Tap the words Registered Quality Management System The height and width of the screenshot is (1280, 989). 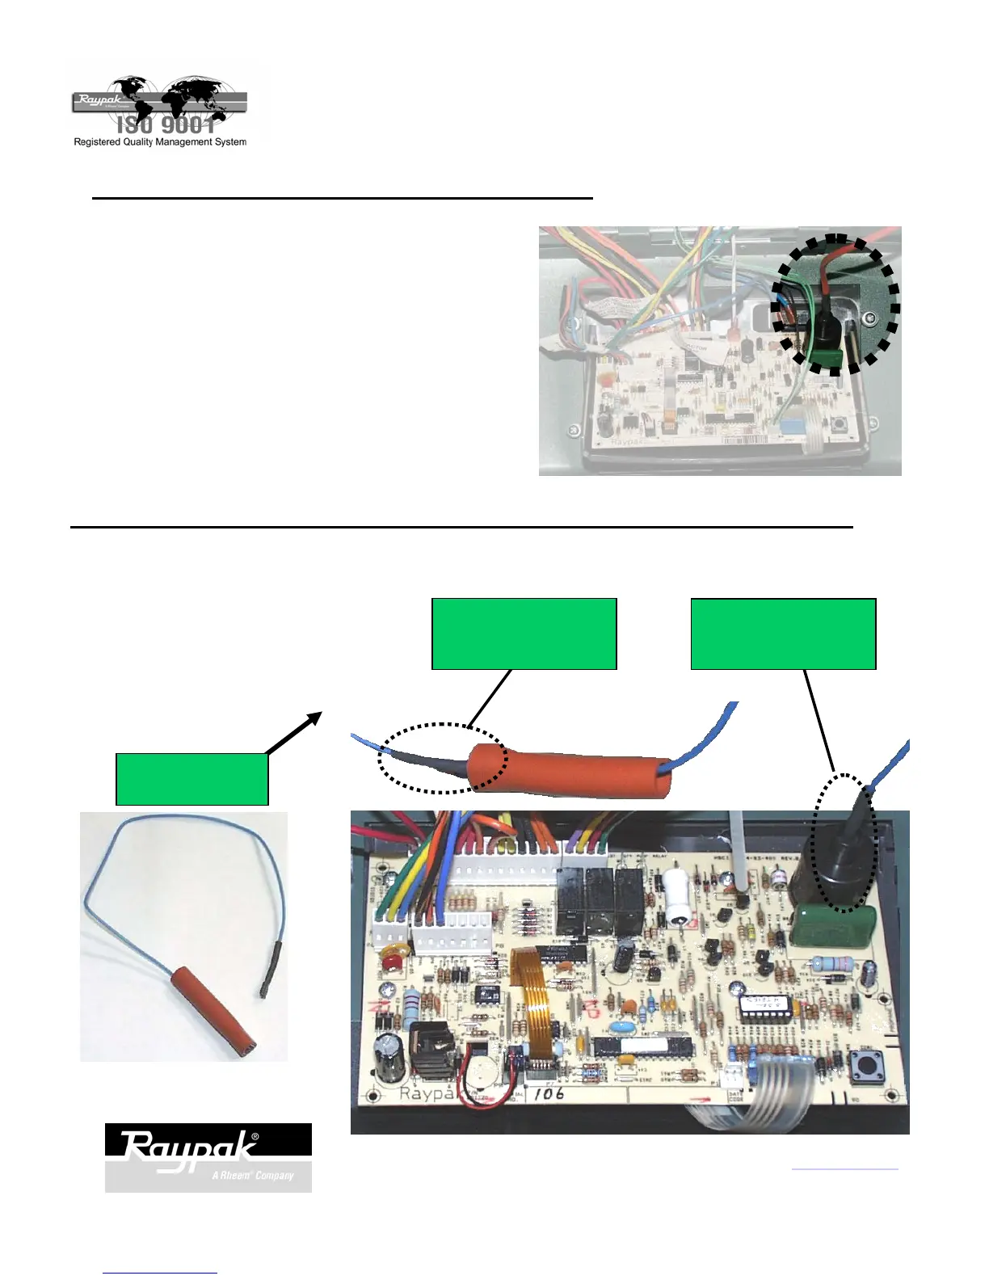160,142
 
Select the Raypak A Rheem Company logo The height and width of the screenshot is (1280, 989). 208,1157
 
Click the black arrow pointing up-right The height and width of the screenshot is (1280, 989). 295,733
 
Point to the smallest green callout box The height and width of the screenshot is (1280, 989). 191,779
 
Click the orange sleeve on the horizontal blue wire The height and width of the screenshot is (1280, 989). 570,773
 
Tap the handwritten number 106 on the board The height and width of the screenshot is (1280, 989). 549,1093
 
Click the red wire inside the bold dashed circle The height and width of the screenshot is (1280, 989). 828,275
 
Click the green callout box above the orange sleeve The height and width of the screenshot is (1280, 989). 524,634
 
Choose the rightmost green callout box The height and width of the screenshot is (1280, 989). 783,634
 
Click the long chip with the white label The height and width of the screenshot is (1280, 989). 643,1046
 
